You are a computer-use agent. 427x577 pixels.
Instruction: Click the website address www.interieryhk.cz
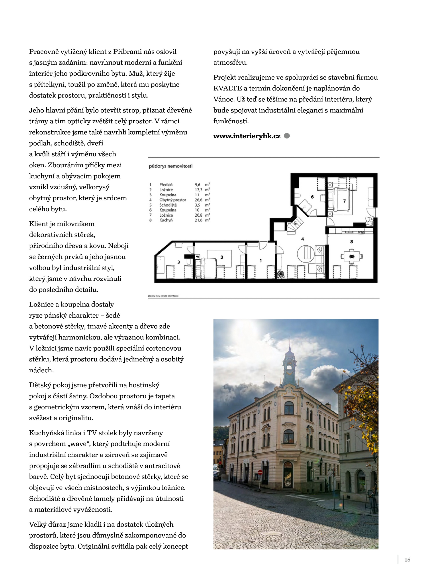(247, 136)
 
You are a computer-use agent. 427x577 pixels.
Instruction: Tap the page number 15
(407, 560)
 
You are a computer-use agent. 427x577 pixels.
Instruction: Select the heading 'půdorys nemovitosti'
(170, 166)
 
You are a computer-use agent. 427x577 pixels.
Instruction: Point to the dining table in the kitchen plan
(352, 256)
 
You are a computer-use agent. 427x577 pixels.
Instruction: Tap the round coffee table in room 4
(306, 253)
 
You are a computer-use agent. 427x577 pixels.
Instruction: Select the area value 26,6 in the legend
(198, 200)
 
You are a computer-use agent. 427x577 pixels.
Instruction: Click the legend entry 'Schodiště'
(168, 205)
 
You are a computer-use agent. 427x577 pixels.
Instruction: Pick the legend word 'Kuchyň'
(166, 220)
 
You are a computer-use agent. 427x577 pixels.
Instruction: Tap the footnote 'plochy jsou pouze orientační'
(163, 296)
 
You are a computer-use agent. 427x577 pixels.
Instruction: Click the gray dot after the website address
(287, 136)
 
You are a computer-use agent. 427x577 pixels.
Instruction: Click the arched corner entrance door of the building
(288, 475)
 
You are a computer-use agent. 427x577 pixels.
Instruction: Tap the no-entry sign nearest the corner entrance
(260, 472)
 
